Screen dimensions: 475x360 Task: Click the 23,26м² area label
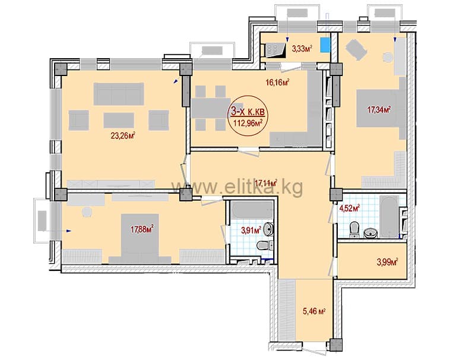(123, 135)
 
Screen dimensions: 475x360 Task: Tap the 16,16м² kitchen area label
(277, 82)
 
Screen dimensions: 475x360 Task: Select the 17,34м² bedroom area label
(379, 109)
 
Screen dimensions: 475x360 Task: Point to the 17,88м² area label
(142, 229)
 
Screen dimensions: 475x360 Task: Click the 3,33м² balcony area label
(302, 48)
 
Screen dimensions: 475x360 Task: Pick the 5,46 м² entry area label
(315, 311)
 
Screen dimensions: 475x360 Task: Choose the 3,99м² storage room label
(387, 262)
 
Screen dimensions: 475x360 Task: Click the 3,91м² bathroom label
(251, 230)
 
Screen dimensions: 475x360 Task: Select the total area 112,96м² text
(247, 123)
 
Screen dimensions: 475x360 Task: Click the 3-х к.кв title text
(248, 112)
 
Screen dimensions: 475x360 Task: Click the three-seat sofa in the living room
(118, 94)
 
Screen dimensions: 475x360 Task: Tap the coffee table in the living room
(118, 121)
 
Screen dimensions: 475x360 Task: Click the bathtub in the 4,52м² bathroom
(389, 217)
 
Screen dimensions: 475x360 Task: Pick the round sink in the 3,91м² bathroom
(268, 229)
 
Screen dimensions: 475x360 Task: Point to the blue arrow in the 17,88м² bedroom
(69, 231)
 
